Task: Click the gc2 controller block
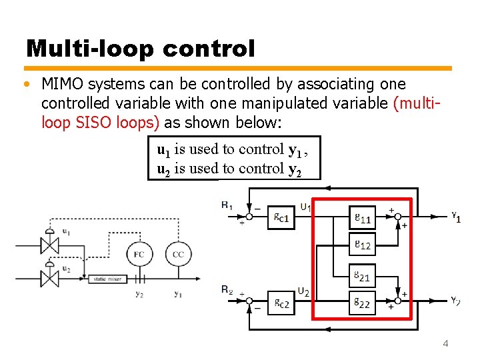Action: pyautogui.click(x=281, y=303)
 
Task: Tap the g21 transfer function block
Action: pyautogui.click(x=363, y=275)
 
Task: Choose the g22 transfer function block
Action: pyautogui.click(x=363, y=303)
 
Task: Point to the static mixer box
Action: pyautogui.click(x=107, y=279)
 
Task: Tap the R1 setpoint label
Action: pyautogui.click(x=227, y=205)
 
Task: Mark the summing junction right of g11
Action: pyautogui.click(x=397, y=216)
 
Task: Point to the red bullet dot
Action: pyautogui.click(x=25, y=85)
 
